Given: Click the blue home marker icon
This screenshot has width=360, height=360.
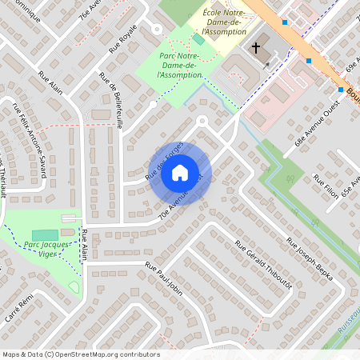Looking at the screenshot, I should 180,172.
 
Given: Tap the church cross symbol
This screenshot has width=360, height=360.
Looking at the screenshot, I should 256,48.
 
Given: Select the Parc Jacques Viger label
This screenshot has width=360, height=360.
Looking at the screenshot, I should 43,249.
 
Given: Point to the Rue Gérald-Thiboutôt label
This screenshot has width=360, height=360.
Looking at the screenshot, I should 264,263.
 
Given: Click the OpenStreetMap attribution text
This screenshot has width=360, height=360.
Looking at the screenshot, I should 81,354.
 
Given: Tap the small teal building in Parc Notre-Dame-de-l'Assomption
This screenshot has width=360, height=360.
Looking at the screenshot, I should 198,39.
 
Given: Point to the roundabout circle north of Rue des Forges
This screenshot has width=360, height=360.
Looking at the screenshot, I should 202,121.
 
